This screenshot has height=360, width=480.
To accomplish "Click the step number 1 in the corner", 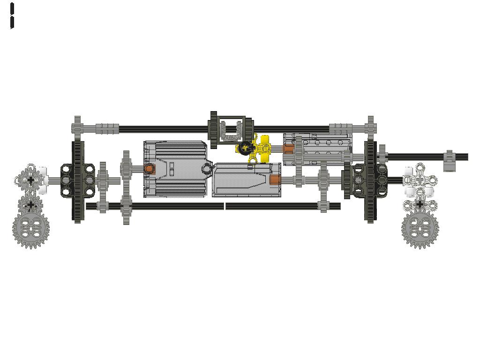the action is [x=12, y=16].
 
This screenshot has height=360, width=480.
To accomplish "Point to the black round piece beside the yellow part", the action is [x=245, y=148].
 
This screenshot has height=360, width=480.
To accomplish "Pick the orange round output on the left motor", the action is [x=149, y=169].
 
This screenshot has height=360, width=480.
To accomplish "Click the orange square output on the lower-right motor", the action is [x=275, y=180].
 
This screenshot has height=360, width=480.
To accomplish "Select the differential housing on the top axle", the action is [x=231, y=129].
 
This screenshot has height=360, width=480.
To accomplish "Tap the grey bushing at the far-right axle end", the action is [x=449, y=161].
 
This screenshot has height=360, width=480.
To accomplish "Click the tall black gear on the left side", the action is [x=78, y=181].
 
